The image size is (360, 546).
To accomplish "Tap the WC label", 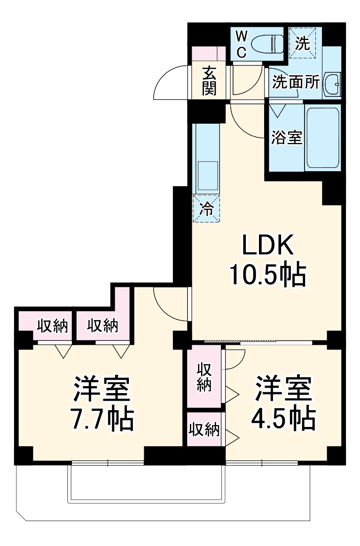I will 241,44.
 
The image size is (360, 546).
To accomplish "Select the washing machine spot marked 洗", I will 302,44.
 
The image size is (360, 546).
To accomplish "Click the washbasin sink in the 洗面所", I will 333,84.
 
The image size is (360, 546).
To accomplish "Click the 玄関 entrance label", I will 209,80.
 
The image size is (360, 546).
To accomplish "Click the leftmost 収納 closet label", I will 52,325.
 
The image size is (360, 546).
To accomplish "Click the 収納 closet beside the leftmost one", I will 102,325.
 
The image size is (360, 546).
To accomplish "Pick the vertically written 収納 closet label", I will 204,376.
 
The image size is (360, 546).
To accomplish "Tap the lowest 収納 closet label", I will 204,429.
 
